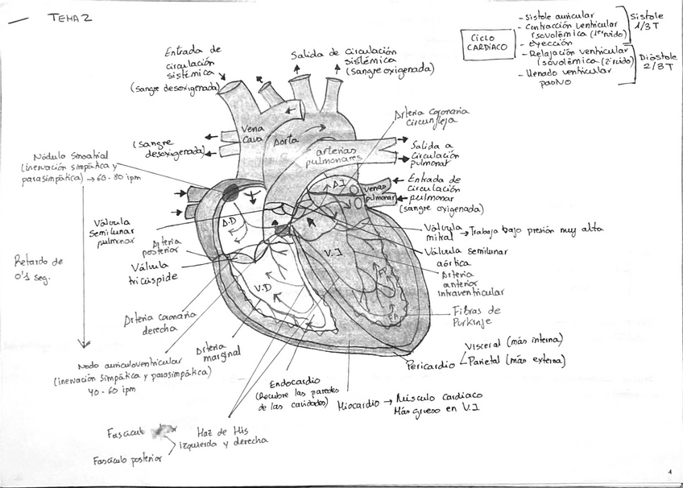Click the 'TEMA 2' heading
70,18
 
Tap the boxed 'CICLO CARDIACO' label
487,42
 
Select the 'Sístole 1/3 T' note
647,21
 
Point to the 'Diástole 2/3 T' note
657,63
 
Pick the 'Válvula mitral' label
443,232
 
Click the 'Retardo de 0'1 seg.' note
38,267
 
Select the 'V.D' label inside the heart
262,288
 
